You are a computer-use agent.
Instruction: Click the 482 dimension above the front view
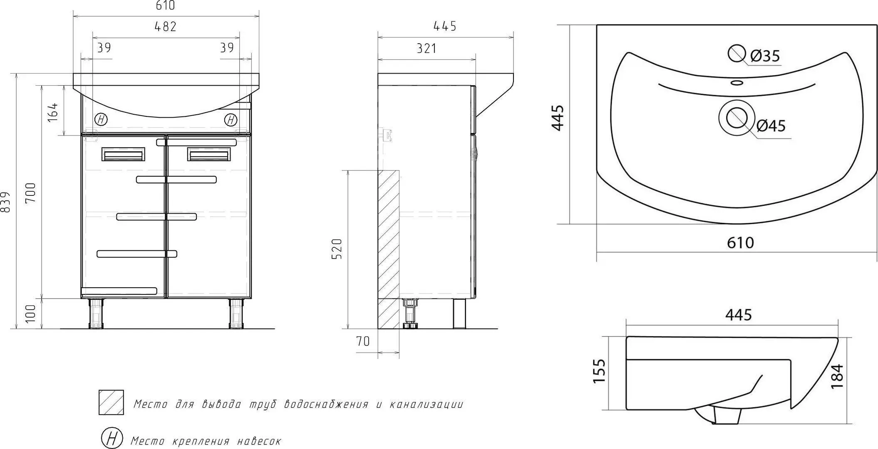166,27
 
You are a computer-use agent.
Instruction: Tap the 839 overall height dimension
6,202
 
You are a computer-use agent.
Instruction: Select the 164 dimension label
52,111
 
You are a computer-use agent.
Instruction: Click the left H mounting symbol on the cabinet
101,120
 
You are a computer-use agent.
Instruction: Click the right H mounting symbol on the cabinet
231,120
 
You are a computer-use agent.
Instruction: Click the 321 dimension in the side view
427,49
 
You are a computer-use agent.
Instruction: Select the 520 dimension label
337,249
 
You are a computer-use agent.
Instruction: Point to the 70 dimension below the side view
363,342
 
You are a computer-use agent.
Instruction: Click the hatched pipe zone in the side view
389,249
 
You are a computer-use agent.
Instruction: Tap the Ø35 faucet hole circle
737,54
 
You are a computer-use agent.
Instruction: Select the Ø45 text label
771,126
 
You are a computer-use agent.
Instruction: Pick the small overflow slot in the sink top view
737,83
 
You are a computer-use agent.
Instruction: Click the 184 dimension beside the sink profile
837,376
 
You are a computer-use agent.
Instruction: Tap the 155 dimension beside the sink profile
599,371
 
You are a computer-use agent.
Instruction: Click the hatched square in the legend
111,402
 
